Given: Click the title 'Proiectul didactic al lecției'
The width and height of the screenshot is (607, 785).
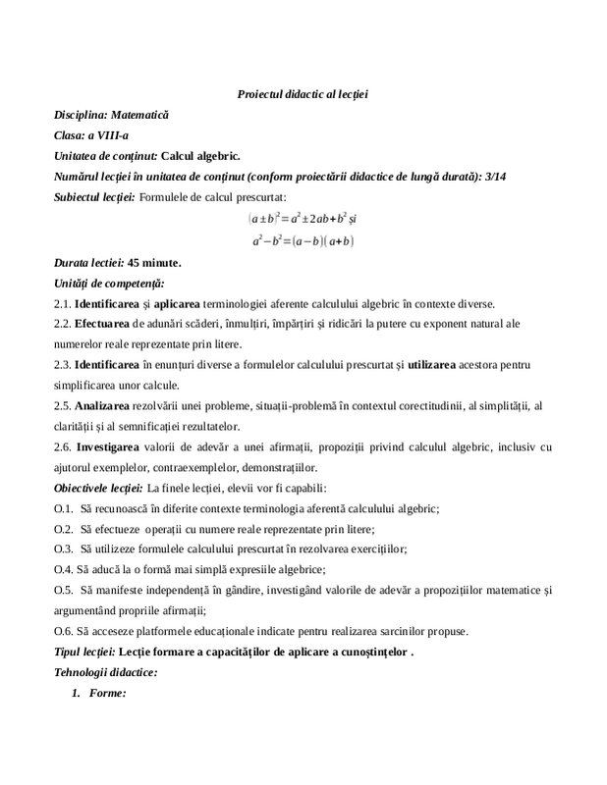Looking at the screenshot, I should (x=303, y=92).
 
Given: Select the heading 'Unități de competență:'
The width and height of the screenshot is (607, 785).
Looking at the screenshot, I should (x=108, y=283).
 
